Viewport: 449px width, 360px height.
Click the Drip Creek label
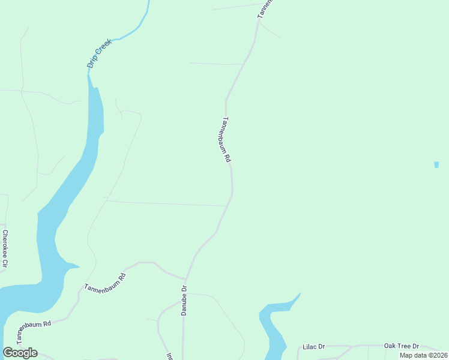point(100,53)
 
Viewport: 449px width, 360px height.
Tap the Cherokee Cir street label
point(5,248)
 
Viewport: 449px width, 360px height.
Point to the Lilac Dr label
point(313,347)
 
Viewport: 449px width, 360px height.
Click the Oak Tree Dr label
point(402,346)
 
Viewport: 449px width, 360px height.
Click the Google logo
point(20,353)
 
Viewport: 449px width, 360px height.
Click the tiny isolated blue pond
point(436,164)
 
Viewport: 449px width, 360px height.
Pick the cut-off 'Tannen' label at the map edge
point(265,9)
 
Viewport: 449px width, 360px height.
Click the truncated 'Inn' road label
point(170,356)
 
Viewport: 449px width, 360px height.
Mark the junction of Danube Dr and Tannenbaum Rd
point(185,280)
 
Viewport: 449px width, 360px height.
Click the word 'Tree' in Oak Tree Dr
point(403,346)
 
